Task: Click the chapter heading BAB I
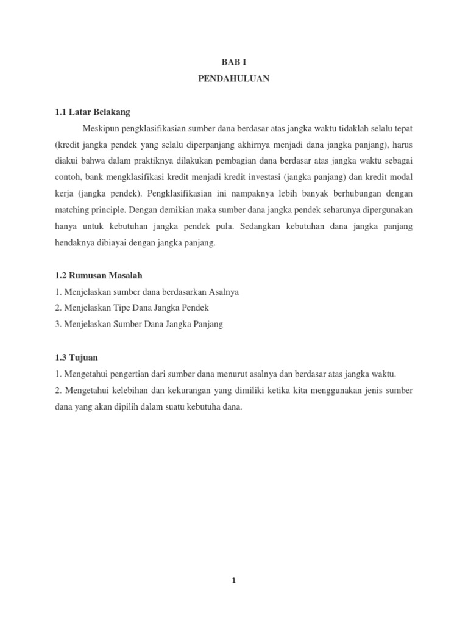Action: click(x=233, y=62)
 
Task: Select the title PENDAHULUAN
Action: click(x=233, y=79)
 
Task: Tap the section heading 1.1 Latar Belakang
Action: click(x=93, y=112)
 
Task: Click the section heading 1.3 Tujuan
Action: click(x=76, y=357)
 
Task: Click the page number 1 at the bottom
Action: click(x=233, y=582)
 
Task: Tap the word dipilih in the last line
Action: click(x=127, y=406)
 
